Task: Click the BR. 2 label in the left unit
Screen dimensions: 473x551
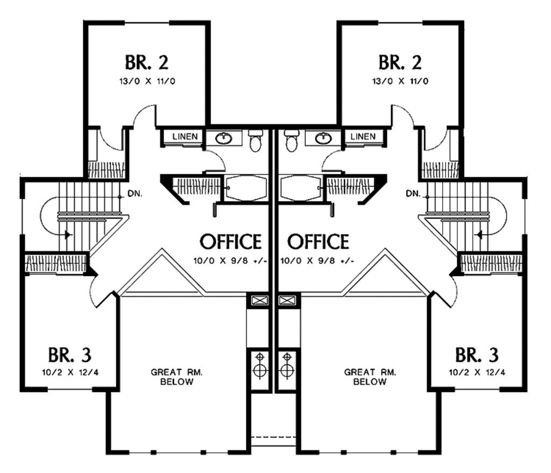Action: (147, 62)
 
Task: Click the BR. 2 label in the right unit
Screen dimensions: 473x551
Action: (400, 62)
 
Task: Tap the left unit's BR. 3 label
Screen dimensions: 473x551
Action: (69, 355)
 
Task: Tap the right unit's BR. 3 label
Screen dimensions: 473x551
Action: (477, 355)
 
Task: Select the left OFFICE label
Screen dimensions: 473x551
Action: (231, 242)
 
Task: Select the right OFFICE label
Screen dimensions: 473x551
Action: (317, 242)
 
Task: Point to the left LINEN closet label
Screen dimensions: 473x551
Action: (185, 137)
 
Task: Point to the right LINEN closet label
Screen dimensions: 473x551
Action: (363, 137)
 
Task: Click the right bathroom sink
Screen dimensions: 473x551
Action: (323, 138)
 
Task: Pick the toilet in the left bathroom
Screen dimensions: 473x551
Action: (256, 142)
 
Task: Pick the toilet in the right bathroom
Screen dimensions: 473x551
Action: (291, 142)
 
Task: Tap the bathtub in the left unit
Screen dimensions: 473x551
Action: (245, 188)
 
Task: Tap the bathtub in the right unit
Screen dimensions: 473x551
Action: (301, 188)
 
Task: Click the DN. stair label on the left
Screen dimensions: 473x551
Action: (135, 193)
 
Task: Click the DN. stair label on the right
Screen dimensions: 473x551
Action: (413, 193)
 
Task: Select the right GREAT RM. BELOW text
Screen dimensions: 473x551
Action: (370, 377)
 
